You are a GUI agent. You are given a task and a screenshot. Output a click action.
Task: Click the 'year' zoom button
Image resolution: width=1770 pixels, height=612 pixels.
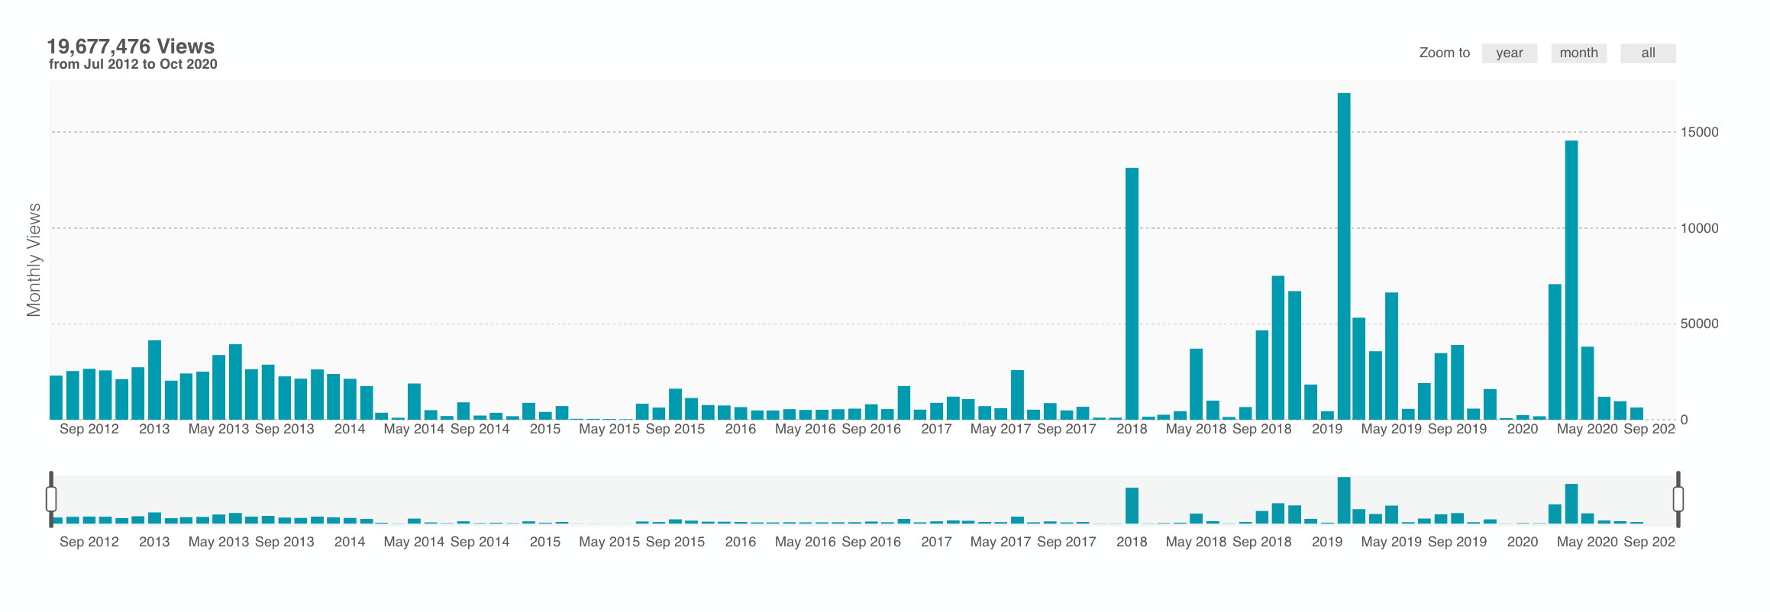point(1509,53)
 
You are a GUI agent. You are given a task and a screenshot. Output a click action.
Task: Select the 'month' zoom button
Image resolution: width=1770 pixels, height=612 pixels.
point(1578,53)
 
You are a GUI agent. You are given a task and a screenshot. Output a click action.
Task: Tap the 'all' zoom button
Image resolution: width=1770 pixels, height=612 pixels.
point(1648,53)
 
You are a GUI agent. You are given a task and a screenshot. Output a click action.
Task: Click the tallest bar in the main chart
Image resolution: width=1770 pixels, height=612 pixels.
point(1344,256)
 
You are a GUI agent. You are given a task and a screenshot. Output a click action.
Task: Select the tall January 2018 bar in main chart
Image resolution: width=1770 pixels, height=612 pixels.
point(1132,294)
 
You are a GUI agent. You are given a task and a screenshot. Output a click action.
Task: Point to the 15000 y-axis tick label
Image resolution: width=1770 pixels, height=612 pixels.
point(1699,132)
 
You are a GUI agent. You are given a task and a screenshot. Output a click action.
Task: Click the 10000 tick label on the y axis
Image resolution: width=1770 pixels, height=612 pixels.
point(1699,228)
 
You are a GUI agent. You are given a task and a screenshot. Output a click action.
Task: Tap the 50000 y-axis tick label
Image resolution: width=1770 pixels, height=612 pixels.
point(1699,324)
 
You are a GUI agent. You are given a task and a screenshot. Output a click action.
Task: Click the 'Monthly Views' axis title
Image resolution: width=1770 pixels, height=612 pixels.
point(34,259)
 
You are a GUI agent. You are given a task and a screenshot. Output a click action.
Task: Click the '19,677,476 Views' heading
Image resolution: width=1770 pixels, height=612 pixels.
point(131,47)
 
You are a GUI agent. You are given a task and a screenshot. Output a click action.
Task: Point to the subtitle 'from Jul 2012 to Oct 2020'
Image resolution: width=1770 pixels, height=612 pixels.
point(133,64)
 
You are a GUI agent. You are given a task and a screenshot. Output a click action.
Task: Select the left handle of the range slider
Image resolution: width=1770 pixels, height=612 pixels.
point(51,499)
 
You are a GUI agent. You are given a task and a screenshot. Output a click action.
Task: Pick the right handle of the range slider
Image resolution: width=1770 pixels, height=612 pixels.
point(1678,499)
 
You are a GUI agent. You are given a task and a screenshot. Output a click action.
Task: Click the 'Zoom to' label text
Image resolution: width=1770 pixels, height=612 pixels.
point(1444,53)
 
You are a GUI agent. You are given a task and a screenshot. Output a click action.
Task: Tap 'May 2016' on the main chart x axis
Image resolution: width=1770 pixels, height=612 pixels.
point(805,429)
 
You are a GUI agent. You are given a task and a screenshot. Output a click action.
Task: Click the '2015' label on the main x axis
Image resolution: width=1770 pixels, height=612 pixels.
point(545,429)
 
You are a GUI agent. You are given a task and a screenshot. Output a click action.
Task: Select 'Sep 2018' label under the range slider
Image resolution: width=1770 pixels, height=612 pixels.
point(1261,542)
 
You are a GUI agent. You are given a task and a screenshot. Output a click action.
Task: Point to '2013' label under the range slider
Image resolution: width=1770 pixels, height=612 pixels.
point(154,542)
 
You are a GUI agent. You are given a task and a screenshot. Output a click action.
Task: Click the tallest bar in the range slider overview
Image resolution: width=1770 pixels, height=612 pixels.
point(1344,501)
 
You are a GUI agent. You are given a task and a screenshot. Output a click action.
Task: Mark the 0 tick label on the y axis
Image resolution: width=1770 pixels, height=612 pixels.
point(1684,420)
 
